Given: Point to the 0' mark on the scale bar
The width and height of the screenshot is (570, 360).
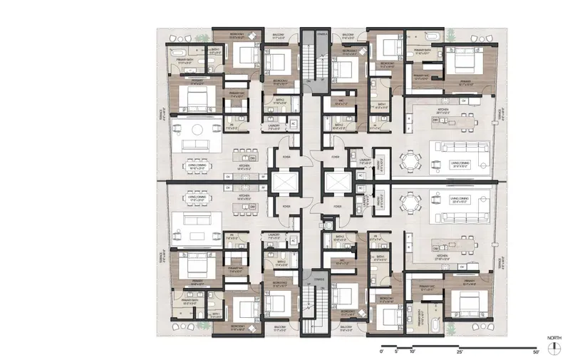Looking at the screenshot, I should click(x=383, y=352).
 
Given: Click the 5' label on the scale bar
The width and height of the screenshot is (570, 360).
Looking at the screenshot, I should click(x=398, y=352).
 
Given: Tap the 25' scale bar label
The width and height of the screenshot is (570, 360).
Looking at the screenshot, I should click(x=460, y=352).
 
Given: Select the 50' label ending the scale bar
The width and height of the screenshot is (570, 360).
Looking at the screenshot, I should click(x=536, y=352).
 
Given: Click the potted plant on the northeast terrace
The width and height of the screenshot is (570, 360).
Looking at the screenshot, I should click(x=450, y=34).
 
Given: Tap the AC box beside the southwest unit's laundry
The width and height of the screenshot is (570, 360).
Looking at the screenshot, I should click(x=293, y=241).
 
